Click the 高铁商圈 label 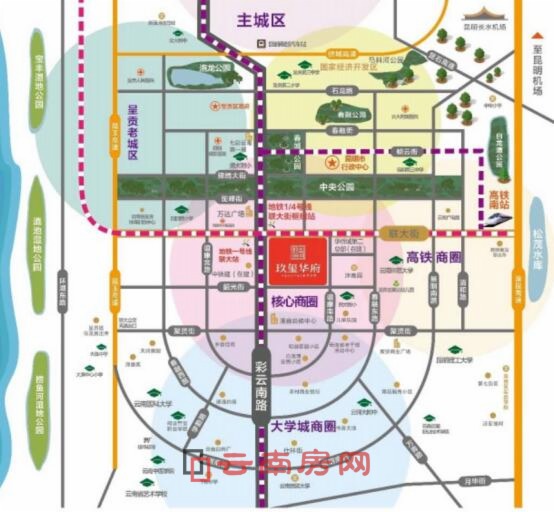434,258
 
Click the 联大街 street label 400,232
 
